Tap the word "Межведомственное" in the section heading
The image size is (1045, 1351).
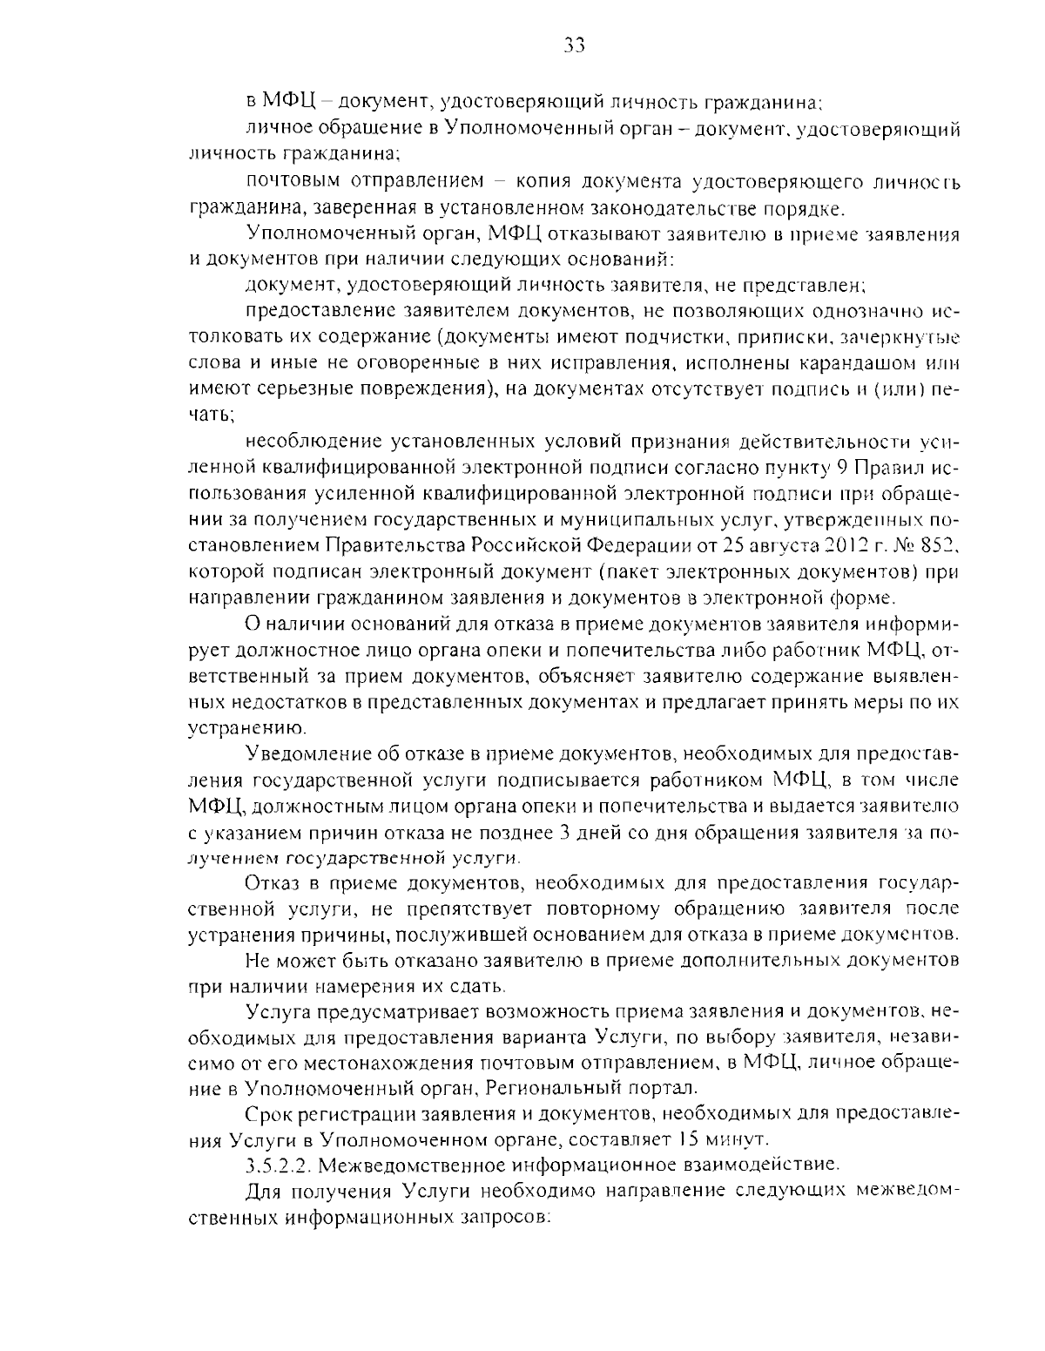pyautogui.click(x=416, y=1165)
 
